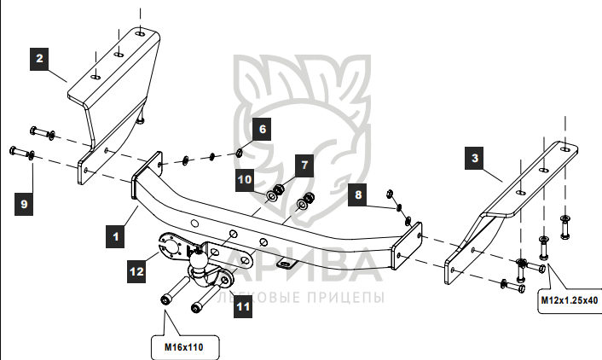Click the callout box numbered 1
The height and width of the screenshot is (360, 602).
tap(113, 232)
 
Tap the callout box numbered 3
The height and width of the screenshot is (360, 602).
tap(475, 158)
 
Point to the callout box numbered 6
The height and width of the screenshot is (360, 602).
tap(262, 130)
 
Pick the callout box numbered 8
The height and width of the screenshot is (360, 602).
tap(359, 195)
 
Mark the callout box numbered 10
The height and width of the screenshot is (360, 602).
tap(244, 180)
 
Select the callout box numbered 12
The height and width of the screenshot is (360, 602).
tap(137, 271)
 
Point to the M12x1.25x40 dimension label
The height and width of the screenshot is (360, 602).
tap(569, 300)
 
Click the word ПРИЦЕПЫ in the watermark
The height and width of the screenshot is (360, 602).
tap(344, 298)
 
